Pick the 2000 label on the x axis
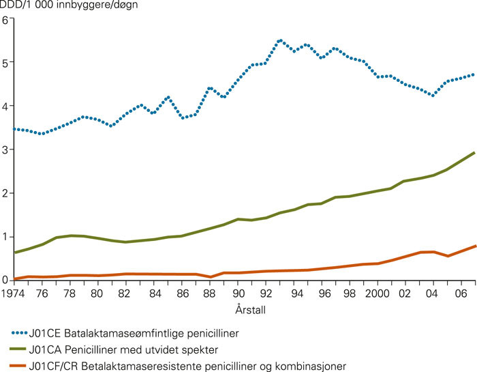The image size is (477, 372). click(x=376, y=294)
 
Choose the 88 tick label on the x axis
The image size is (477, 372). click(x=209, y=294)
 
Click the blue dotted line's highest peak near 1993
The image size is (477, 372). click(x=279, y=40)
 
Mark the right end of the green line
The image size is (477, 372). click(x=474, y=152)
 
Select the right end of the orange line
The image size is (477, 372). click(x=474, y=245)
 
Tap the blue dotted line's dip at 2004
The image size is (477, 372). click(x=433, y=96)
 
